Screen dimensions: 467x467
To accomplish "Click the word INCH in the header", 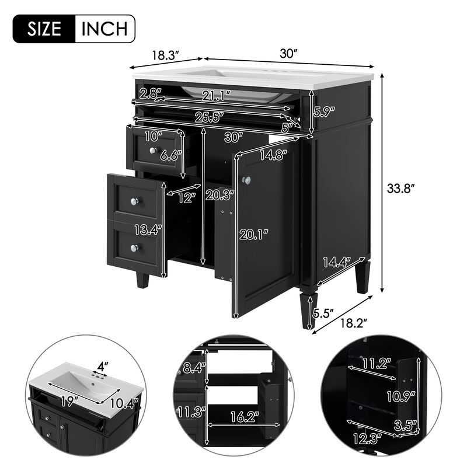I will [x=104, y=27].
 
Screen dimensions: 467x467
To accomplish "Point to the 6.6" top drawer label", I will [x=170, y=155].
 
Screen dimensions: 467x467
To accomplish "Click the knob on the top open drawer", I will [x=153, y=151].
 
